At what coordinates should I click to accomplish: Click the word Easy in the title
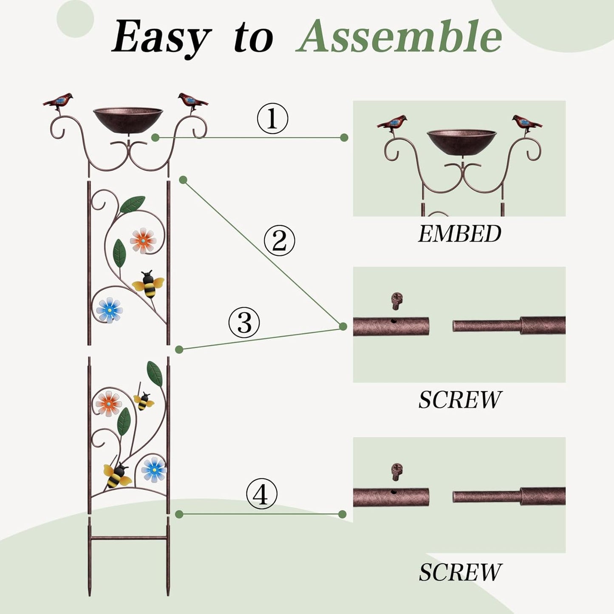161,38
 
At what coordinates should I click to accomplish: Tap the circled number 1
272,119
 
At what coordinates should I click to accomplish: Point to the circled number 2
279,241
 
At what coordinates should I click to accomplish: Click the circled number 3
244,322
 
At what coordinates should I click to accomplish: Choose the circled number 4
261,494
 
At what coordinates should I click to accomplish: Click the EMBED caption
459,234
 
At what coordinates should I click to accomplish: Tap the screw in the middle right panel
396,301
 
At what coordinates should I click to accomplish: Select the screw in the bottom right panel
396,472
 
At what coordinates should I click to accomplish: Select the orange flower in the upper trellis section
143,241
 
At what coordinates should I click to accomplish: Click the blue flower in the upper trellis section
109,310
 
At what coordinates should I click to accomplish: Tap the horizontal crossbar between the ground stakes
128,538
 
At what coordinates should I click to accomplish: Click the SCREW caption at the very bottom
460,572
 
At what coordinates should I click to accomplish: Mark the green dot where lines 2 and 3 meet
343,326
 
